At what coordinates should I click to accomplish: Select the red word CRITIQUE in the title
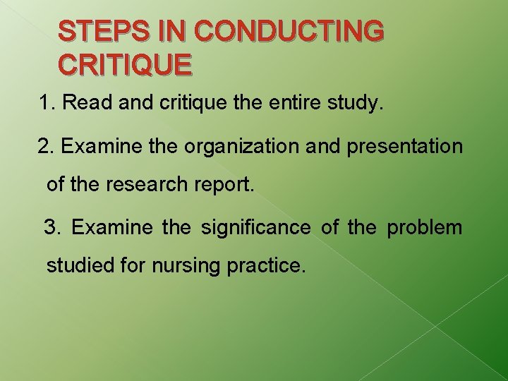[x=125, y=64]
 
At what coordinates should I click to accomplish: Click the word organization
[x=246, y=147]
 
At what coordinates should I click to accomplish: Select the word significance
[x=255, y=228]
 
